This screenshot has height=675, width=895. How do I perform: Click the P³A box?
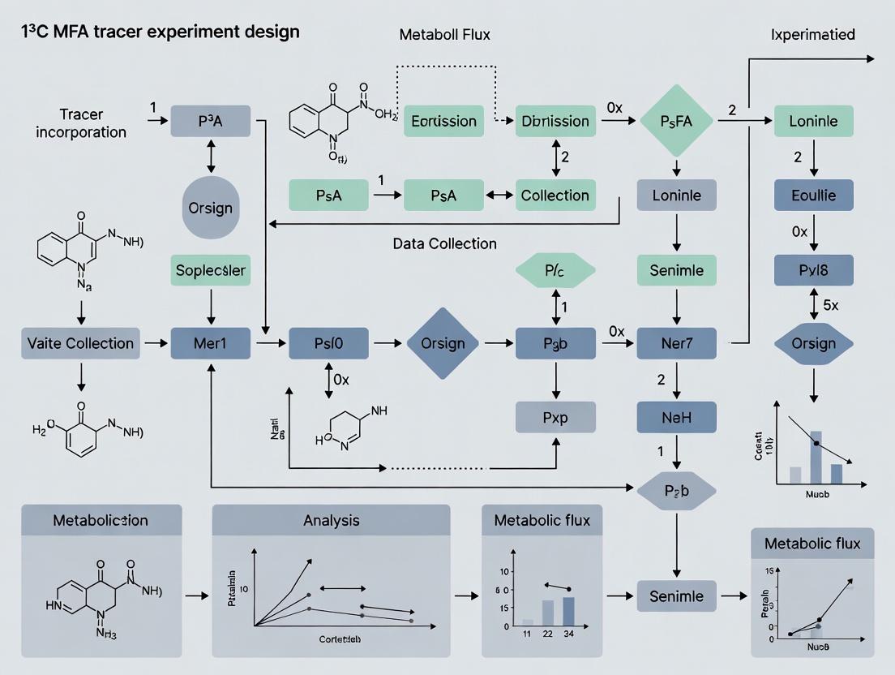[x=211, y=122]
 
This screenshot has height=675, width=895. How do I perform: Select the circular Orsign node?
[x=211, y=208]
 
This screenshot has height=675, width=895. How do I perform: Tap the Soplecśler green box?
[x=211, y=269]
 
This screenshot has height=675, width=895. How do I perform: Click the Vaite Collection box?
[x=79, y=343]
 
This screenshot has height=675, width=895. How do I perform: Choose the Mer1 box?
[x=211, y=343]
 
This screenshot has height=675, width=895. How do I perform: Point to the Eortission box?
[x=443, y=122]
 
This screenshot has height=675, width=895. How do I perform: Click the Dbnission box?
[x=555, y=122]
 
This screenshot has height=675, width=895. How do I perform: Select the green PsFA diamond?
[x=676, y=122]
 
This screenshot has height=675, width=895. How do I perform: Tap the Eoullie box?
[x=813, y=196]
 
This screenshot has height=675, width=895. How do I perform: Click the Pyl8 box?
[x=813, y=269]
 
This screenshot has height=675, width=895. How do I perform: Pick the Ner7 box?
[x=676, y=343]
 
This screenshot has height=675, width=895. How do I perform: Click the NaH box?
[x=676, y=417]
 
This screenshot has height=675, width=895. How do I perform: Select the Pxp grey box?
[x=555, y=417]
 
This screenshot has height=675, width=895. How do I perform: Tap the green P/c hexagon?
[x=555, y=269]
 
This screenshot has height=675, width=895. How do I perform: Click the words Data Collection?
[x=444, y=243]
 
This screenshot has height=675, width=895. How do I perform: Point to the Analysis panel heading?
[x=331, y=520]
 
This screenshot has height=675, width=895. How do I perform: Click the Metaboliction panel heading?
[x=101, y=520]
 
